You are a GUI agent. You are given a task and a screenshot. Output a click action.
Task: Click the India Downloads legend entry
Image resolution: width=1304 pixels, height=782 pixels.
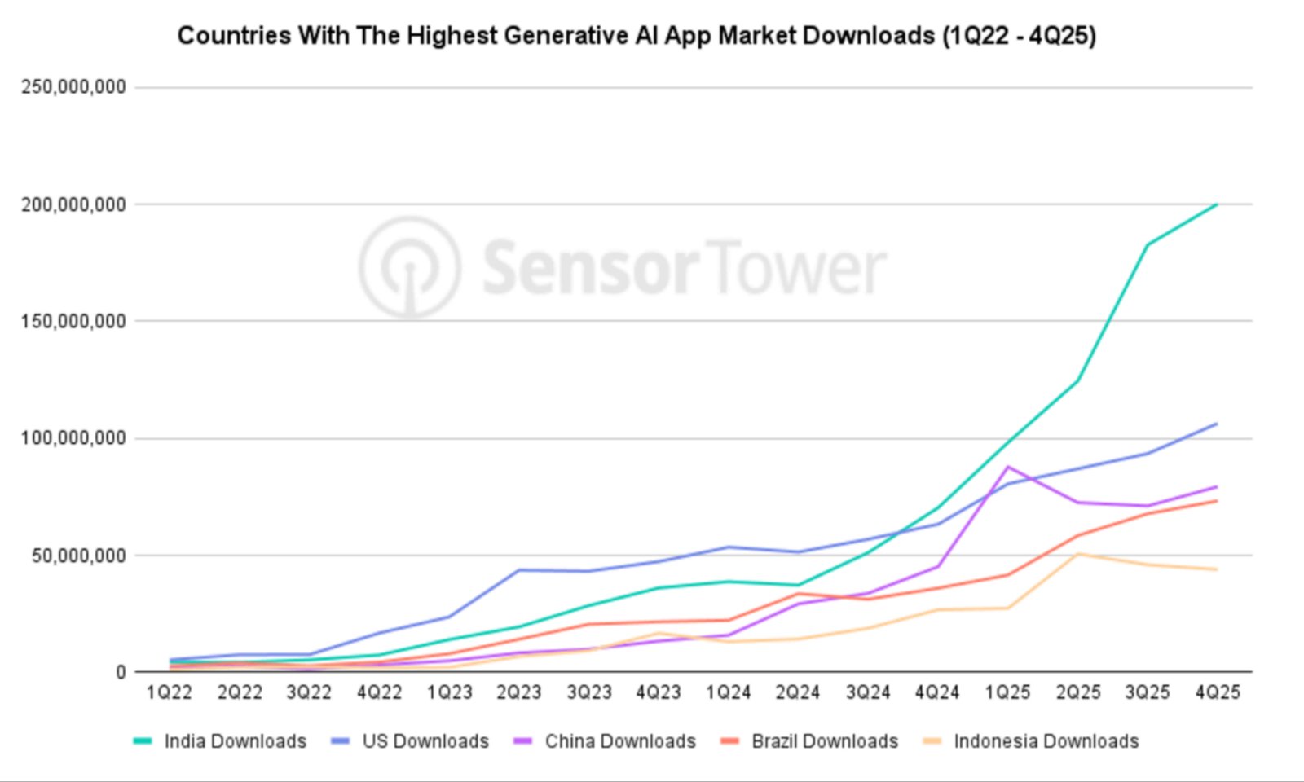tap(235, 741)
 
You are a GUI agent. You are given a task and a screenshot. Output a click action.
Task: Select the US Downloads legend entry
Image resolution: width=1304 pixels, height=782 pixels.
tap(425, 741)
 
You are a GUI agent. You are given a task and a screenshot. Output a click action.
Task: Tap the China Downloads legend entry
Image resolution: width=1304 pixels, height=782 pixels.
tap(619, 741)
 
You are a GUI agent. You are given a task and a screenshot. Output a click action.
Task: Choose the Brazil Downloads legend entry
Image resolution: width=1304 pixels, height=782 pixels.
tap(824, 741)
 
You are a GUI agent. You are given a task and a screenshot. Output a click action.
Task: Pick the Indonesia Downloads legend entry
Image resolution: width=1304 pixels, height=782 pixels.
tap(1046, 741)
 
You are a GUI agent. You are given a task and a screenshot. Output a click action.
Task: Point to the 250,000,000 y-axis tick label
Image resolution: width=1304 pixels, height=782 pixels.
tap(73, 87)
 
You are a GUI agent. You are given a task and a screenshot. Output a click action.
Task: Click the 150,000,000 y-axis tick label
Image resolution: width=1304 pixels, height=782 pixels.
tap(73, 322)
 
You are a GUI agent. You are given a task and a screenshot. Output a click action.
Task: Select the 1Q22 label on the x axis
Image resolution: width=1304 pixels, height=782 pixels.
tap(170, 693)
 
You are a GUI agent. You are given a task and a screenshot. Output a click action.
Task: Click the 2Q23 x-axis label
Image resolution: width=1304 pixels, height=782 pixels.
tap(519, 693)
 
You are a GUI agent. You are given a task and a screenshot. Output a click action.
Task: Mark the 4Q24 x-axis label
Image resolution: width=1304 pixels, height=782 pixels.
tap(937, 693)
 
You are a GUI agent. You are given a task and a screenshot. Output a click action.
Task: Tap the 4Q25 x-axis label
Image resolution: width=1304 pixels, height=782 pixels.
tap(1218, 693)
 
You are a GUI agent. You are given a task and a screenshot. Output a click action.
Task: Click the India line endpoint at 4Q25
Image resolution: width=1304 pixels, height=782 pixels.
tap(1217, 204)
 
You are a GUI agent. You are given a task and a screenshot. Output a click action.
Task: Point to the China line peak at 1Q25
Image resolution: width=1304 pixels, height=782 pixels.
tap(1008, 467)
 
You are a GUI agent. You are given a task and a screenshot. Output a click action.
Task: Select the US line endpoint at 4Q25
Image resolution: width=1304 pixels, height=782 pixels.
tap(1217, 424)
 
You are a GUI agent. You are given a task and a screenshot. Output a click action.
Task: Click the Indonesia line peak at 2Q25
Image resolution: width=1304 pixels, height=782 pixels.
tap(1078, 554)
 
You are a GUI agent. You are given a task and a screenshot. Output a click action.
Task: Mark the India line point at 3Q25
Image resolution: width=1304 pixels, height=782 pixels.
tap(1148, 244)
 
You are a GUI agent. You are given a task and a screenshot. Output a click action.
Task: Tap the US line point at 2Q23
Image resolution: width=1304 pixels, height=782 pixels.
tap(519, 570)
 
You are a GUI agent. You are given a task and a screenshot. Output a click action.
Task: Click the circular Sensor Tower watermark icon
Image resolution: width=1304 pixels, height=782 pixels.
tap(410, 267)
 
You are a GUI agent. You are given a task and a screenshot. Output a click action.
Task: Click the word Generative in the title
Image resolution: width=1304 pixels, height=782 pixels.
tap(566, 36)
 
